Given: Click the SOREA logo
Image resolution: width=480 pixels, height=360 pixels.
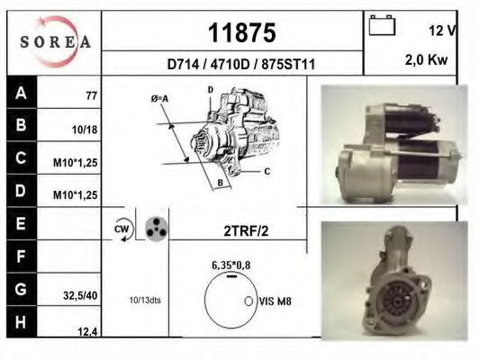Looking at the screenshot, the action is point(56,41).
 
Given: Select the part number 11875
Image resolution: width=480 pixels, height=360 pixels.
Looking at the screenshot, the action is point(242,32).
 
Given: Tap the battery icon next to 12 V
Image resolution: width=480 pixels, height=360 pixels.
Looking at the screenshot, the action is point(382,25).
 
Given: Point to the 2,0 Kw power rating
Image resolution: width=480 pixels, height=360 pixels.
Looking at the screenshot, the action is point(426,60).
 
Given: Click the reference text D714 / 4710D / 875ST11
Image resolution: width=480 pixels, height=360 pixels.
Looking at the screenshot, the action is point(241,65).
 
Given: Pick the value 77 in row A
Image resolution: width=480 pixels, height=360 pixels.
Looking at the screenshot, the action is point(92,95).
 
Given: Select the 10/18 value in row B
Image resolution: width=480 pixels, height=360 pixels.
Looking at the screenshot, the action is point(85,130).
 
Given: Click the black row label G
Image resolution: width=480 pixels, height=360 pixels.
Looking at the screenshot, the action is point(21,289).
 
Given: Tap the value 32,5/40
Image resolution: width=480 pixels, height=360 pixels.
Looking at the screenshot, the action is point(80,295).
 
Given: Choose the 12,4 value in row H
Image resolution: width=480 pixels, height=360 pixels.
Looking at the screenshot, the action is point(87,331).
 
